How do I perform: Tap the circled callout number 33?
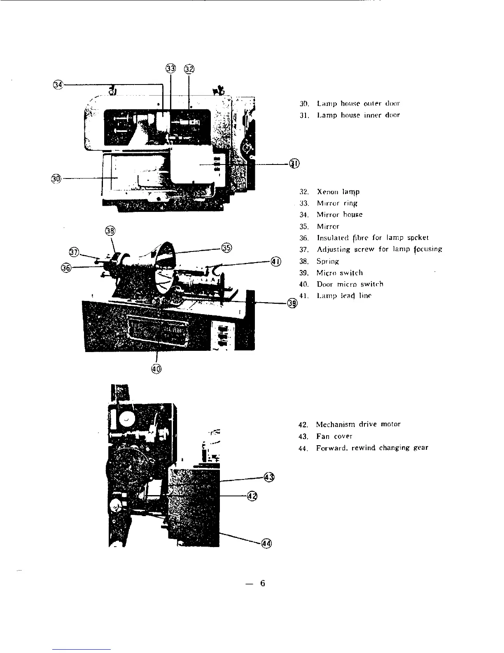tap(170, 68)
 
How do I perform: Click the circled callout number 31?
tap(294, 164)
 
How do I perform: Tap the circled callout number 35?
tap(227, 247)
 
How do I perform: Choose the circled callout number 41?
tap(276, 261)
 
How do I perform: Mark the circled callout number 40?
tap(157, 368)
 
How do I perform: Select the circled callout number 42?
tap(252, 496)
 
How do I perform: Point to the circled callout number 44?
tap(266, 544)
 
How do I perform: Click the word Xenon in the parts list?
tap(327, 192)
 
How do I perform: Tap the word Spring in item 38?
tap(327, 261)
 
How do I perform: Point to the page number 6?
tap(262, 583)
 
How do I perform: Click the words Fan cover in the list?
tap(334, 436)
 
